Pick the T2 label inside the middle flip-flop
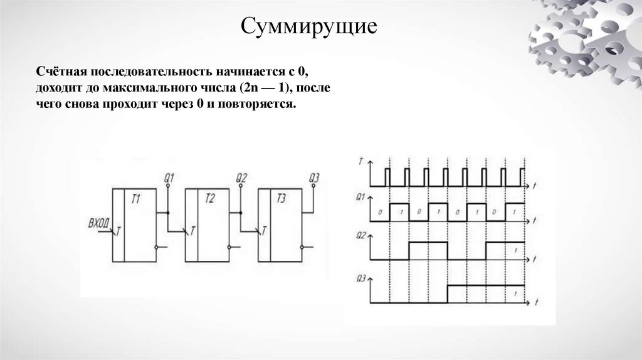(x=210, y=199)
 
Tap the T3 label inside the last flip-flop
(x=282, y=199)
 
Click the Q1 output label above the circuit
(x=168, y=177)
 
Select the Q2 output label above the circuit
(x=241, y=177)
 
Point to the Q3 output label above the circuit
(x=314, y=177)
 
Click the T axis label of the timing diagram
(x=359, y=161)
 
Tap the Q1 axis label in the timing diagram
(x=359, y=197)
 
